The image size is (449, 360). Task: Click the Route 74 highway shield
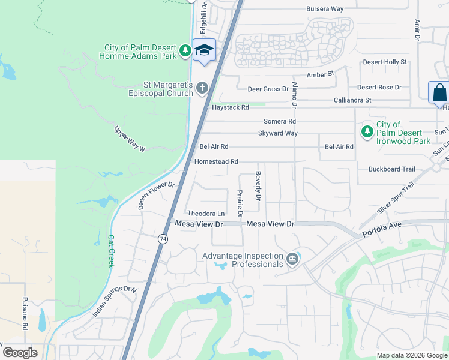pyautogui.click(x=163, y=239)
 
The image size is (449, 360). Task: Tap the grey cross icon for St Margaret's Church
pyautogui.click(x=202, y=89)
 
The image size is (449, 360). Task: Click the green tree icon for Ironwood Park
pyautogui.click(x=366, y=131)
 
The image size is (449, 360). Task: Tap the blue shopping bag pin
pyautogui.click(x=439, y=93)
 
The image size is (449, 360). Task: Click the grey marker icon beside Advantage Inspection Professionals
pyautogui.click(x=292, y=259)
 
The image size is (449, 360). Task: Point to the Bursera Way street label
pyautogui.click(x=324, y=9)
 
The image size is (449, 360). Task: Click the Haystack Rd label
pyautogui.click(x=231, y=107)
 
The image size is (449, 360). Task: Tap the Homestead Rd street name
pyautogui.click(x=216, y=162)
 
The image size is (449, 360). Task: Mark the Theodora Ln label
pyautogui.click(x=206, y=213)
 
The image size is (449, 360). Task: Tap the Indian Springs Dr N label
pyautogui.click(x=115, y=301)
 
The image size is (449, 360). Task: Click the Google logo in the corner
pyautogui.click(x=20, y=353)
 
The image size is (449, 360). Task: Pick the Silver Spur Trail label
pyautogui.click(x=396, y=199)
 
